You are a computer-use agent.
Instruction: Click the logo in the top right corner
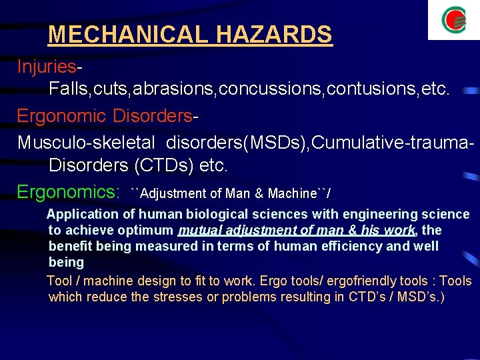[454, 20]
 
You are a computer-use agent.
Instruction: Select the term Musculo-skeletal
[86, 143]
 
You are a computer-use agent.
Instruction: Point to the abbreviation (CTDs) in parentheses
[163, 165]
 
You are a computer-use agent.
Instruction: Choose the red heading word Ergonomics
[67, 193]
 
